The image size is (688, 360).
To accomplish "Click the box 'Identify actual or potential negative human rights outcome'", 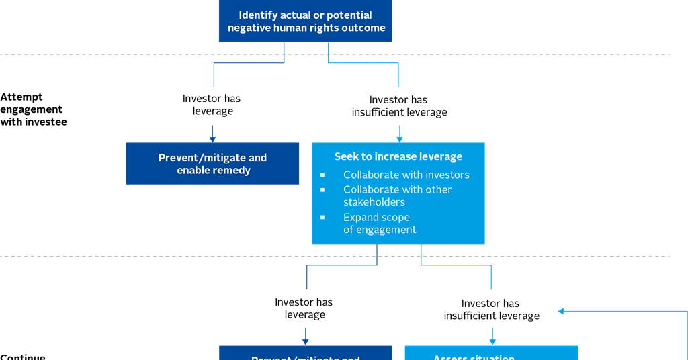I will coord(306,21).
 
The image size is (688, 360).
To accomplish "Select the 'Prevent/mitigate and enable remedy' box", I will coord(212,163).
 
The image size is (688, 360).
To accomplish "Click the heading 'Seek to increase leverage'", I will coord(398,156).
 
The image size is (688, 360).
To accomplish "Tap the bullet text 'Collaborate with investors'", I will coord(406,175).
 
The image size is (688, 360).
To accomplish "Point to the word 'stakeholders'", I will coord(374,202).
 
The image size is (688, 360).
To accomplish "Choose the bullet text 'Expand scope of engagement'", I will coord(380,224).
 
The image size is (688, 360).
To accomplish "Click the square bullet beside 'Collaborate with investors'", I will coord(322,175).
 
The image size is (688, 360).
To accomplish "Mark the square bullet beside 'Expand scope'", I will coord(322,217).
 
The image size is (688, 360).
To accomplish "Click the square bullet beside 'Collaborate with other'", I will coord(322,189).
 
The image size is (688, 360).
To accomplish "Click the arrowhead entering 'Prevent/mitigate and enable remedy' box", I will coord(212,138).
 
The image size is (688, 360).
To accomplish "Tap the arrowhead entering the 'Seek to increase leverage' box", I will coord(399,138).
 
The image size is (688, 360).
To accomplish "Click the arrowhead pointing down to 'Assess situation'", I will coord(492,341).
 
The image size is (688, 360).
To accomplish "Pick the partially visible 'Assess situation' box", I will coord(490,353).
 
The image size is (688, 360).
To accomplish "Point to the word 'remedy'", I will coord(232,171).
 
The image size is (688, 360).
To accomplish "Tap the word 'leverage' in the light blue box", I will coord(441,156).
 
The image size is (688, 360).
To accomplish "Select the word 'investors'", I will coord(447,175).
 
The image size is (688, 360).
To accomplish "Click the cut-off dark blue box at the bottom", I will coord(305,353).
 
